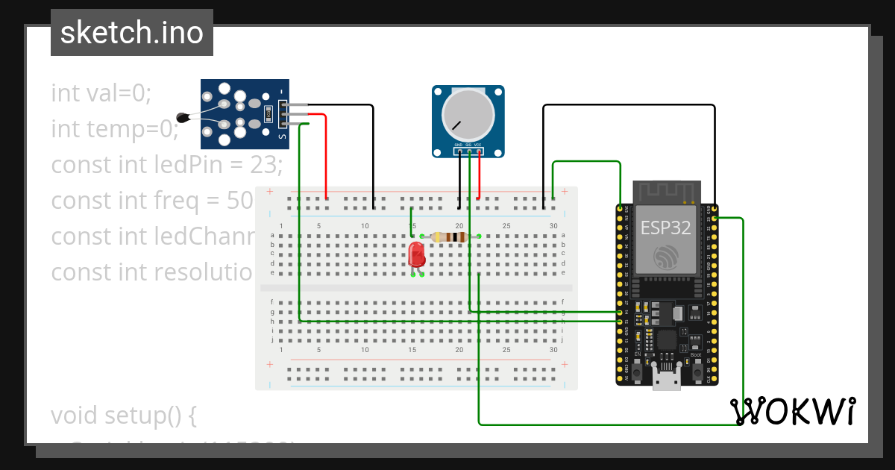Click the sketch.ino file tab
132,33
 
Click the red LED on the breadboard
417,256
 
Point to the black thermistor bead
182,116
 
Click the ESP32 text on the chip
665,228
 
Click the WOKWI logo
792,411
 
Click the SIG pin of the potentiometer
468,151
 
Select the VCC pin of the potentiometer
478,151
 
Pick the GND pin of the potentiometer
459,151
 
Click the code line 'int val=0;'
101,93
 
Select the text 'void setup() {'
123,415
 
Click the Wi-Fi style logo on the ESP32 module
665,257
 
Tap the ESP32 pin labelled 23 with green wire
715,217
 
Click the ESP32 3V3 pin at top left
619,207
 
